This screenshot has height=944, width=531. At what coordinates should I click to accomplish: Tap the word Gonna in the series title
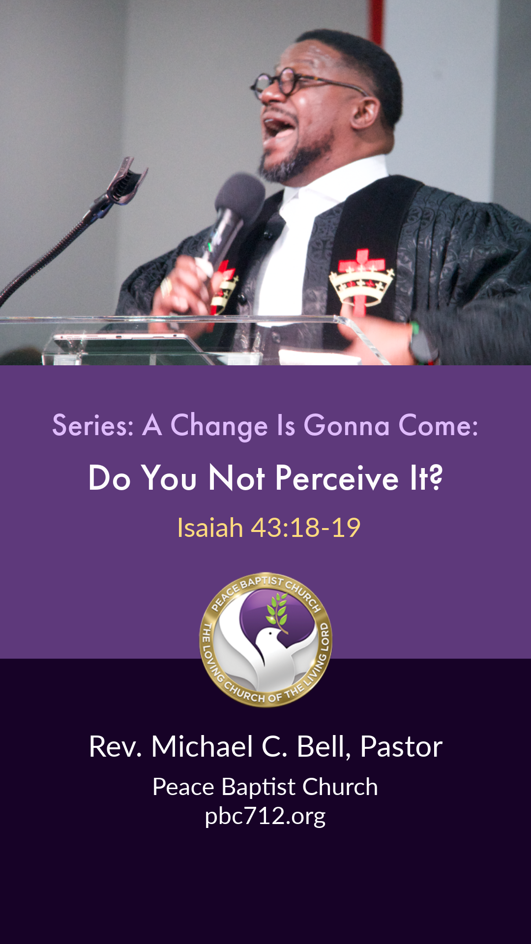pyautogui.click(x=346, y=425)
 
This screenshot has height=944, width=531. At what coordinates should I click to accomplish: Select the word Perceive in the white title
pyautogui.click(x=337, y=478)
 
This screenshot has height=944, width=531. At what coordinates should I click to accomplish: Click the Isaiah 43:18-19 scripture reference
pyautogui.click(x=268, y=528)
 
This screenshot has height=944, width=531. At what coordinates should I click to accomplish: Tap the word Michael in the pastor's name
pyautogui.click(x=202, y=746)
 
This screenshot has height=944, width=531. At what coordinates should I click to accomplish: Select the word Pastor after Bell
pyautogui.click(x=401, y=747)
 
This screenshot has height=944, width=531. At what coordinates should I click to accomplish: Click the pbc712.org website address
pyautogui.click(x=265, y=817)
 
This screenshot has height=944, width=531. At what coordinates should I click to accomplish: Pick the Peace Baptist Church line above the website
pyautogui.click(x=265, y=787)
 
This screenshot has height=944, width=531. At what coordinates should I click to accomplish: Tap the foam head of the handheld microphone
pyautogui.click(x=239, y=196)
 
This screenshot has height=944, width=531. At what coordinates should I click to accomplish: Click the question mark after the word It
pyautogui.click(x=435, y=477)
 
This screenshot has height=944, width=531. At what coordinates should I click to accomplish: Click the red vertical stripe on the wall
pyautogui.click(x=377, y=22)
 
